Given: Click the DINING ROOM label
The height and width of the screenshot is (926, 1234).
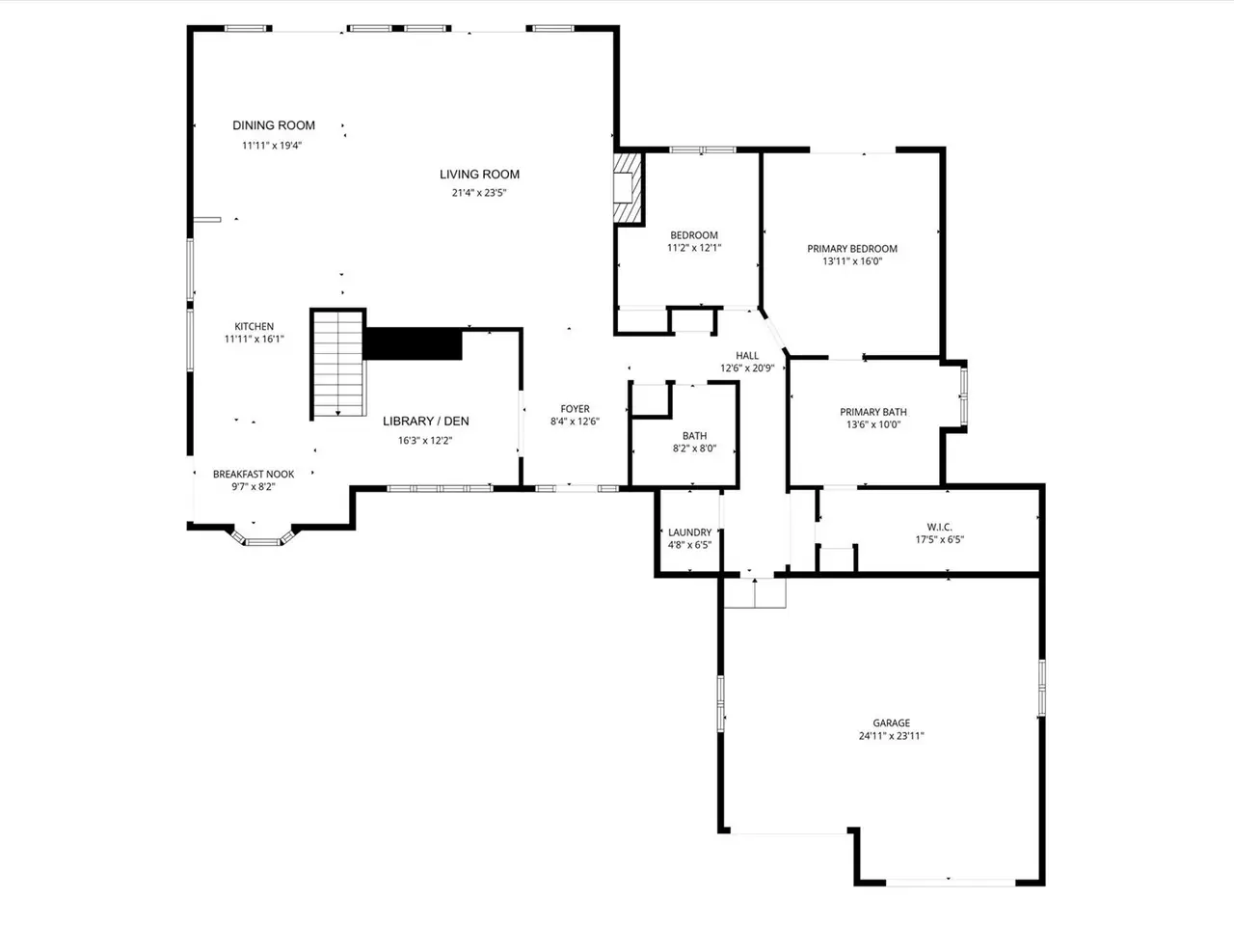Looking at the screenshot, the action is pos(274,125).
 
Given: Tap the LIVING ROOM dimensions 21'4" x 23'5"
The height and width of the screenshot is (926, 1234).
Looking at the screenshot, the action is pos(479,193).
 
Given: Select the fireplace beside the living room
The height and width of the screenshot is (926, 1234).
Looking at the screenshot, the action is pos(629,187).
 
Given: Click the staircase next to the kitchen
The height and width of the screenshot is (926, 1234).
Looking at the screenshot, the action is pos(337,364).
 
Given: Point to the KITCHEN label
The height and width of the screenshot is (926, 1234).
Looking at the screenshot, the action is pos(255,326).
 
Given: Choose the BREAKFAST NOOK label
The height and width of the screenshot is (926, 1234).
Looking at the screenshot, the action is pos(254,474).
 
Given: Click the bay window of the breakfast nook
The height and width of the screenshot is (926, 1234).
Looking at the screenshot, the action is pos(263,537).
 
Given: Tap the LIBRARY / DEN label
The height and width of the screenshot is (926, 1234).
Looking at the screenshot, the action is pos(425,422).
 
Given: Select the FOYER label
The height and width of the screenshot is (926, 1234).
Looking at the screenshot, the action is pos(576,409).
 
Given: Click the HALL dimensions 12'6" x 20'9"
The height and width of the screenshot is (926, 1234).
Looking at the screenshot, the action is pos(747,368).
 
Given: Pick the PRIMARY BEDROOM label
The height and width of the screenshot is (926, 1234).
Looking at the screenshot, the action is pos(852,249).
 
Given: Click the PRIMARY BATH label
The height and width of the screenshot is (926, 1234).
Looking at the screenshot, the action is pos(873,412).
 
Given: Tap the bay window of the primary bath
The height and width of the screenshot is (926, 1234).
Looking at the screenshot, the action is pos(963,396).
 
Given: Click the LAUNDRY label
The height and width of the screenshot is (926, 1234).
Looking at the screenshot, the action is pos(690,531).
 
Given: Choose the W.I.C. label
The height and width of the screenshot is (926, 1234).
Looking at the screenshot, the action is pos(939,527).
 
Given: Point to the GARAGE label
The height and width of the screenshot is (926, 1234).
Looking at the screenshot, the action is pos(892,723).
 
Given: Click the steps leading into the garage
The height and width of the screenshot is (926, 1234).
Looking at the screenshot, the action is pos(755,593).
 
